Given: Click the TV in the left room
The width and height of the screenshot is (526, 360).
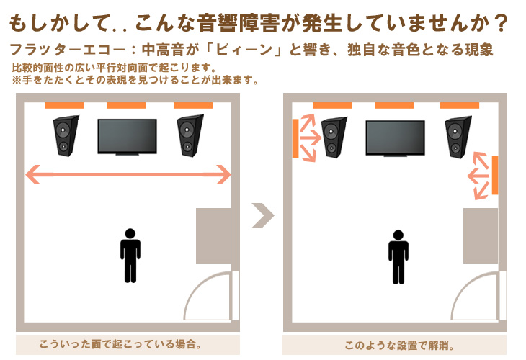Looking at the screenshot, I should [127, 136].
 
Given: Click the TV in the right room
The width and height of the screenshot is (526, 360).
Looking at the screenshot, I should [395, 138].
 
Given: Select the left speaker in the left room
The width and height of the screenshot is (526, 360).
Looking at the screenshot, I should [65, 136].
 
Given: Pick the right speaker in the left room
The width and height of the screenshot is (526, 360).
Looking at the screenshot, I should [190, 136].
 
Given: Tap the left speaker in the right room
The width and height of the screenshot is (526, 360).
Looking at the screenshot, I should [332, 138].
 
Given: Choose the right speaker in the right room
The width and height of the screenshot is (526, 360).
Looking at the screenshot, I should [457, 138].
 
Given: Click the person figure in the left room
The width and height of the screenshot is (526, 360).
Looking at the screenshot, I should [130, 255].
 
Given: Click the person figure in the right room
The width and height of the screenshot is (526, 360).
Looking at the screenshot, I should [398, 256].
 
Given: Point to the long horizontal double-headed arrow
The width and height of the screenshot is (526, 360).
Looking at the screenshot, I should [128, 174].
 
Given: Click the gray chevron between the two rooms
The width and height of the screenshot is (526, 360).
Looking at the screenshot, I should [263, 215].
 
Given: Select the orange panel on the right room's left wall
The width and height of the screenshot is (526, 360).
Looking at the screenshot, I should [295, 138].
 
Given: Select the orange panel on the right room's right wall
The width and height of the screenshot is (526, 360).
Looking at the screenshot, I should [495, 175].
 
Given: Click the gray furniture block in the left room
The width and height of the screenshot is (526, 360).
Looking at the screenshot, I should [213, 235].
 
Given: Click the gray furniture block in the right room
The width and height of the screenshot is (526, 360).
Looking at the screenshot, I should [481, 235].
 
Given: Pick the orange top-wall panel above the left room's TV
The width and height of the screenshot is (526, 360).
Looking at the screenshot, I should [126, 106].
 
